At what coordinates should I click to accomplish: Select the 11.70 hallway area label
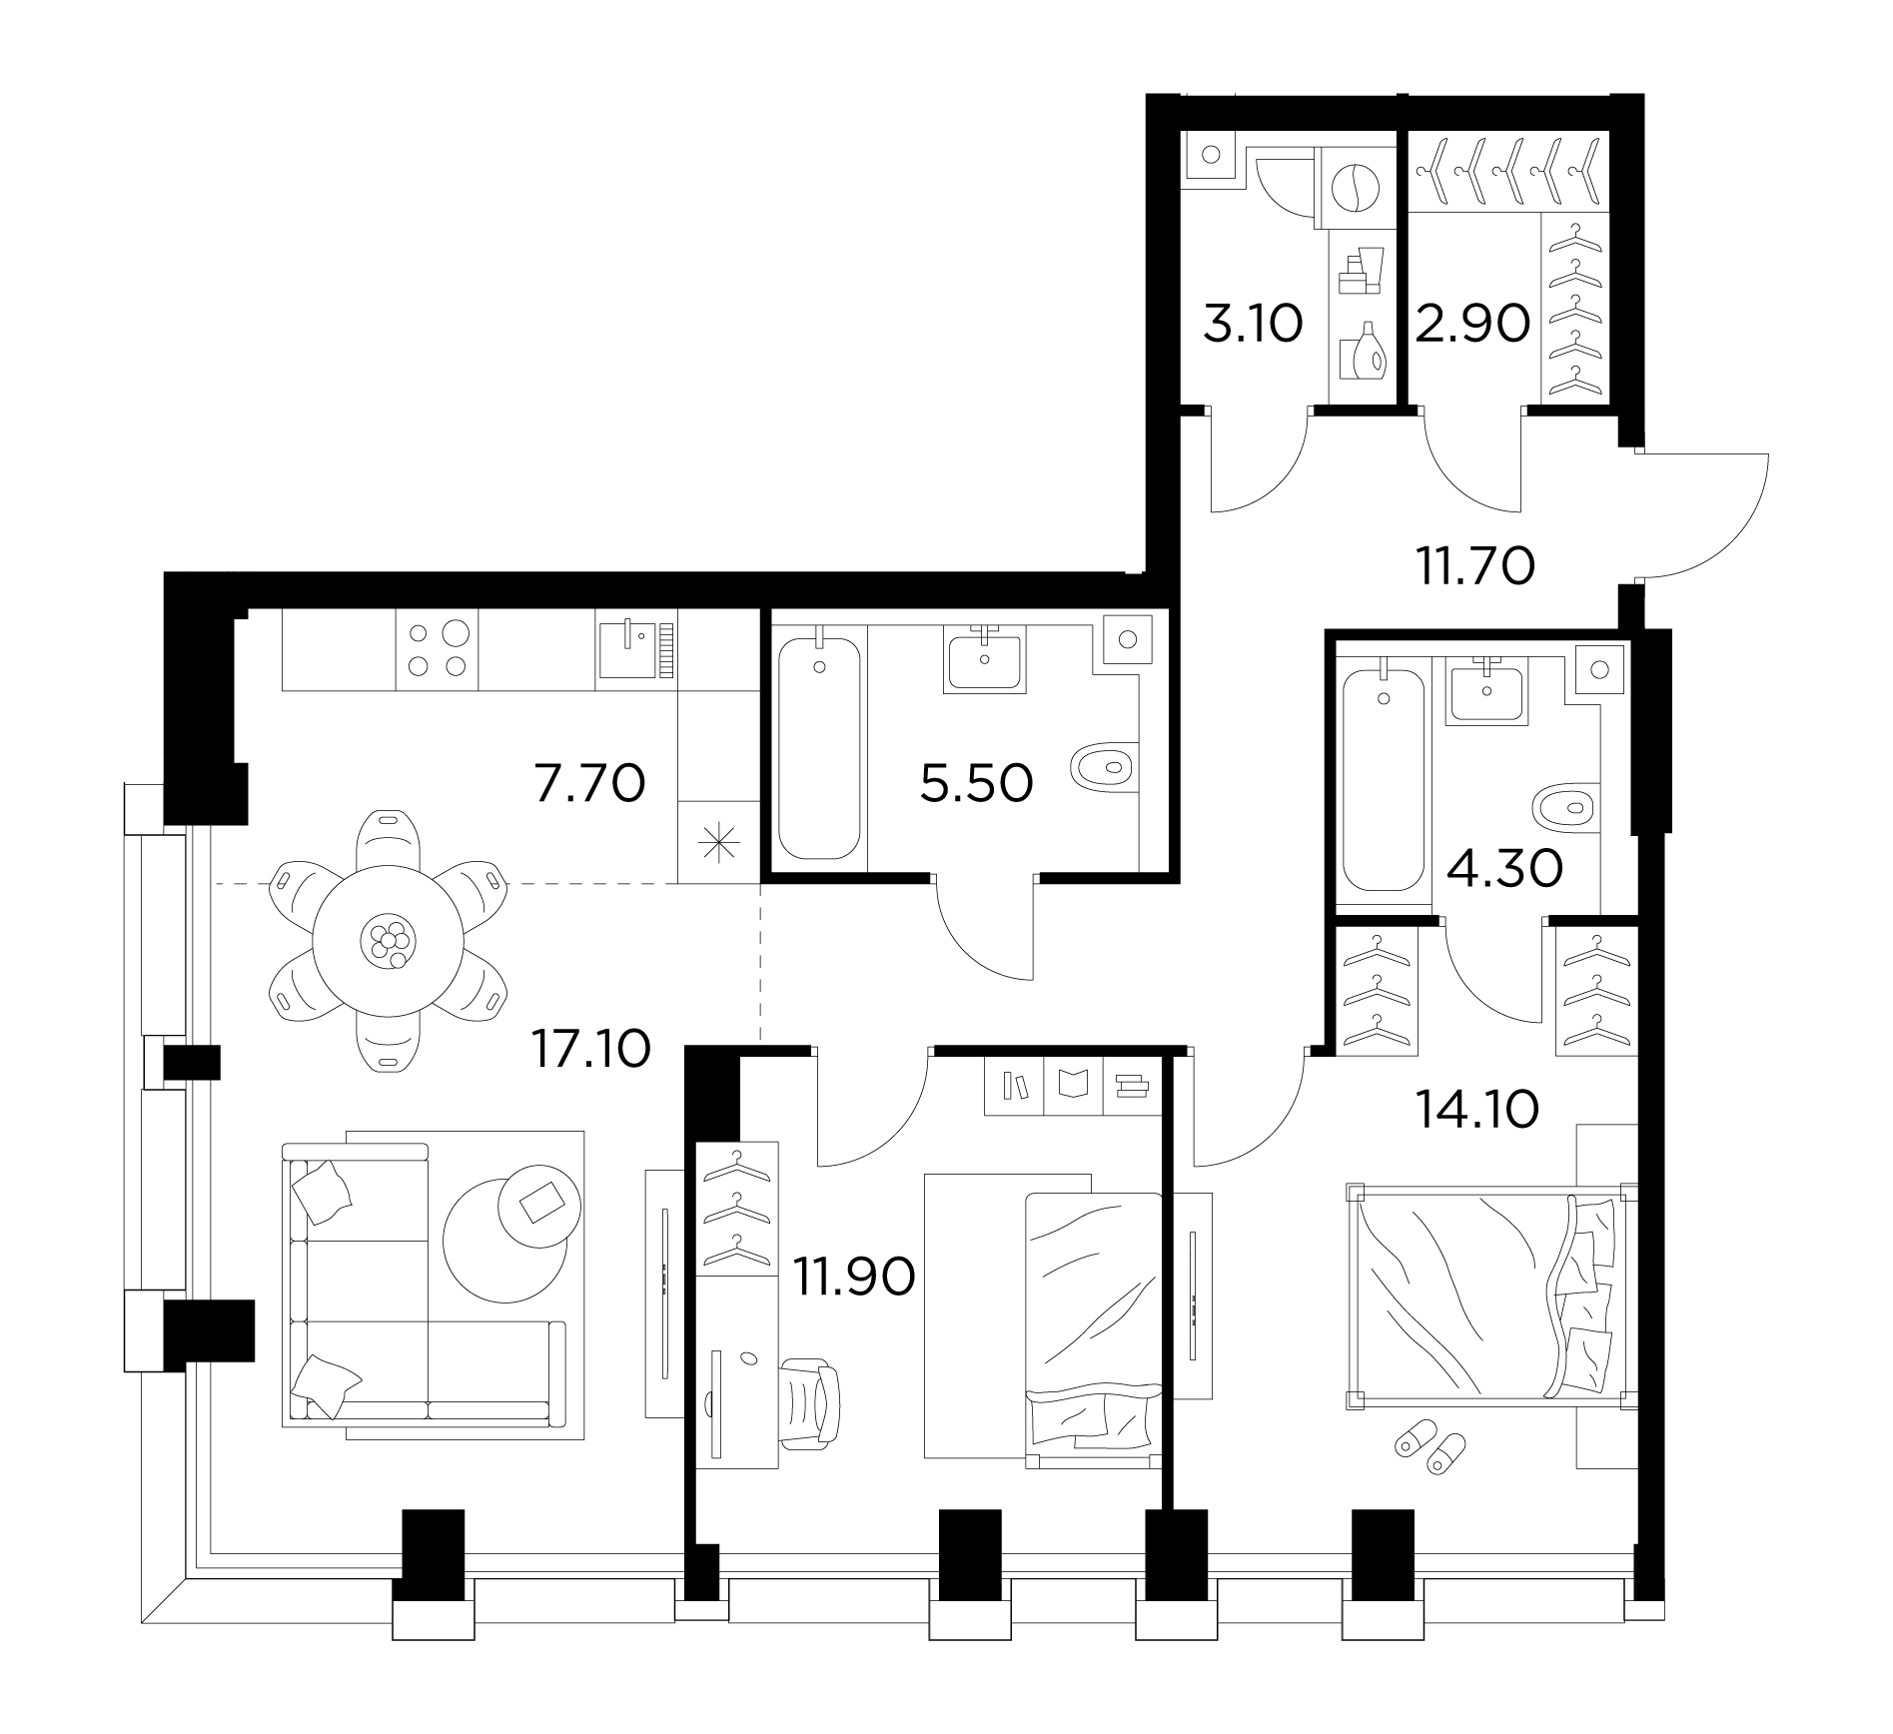[x=1474, y=567]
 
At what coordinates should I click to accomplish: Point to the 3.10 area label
[x=1253, y=325]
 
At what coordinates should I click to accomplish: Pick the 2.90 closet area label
[x=1473, y=325]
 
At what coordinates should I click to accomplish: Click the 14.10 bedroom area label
[x=1476, y=1109]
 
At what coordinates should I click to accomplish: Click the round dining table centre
[x=389, y=941]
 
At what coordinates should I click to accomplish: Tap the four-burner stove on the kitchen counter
[x=437, y=650]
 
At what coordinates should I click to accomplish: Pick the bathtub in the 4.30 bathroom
[x=1384, y=781]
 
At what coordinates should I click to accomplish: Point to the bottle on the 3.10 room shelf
[x=1367, y=352]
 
